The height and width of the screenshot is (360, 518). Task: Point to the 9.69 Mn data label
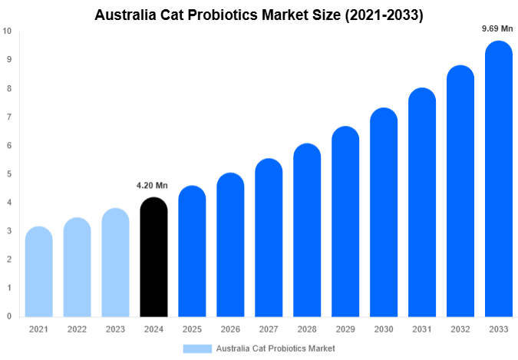497,28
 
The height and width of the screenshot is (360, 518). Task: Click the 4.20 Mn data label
152,185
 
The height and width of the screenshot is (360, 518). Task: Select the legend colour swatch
197,348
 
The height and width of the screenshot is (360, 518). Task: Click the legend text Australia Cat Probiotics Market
275,348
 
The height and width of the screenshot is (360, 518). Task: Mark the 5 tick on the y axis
8,174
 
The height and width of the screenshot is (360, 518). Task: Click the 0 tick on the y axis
8,316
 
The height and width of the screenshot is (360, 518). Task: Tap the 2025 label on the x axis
192,329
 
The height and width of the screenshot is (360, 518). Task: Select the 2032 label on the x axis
460,329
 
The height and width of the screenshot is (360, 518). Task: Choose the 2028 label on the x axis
307,329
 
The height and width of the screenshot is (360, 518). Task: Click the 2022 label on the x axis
77,329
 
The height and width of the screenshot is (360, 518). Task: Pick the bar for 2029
345,222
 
